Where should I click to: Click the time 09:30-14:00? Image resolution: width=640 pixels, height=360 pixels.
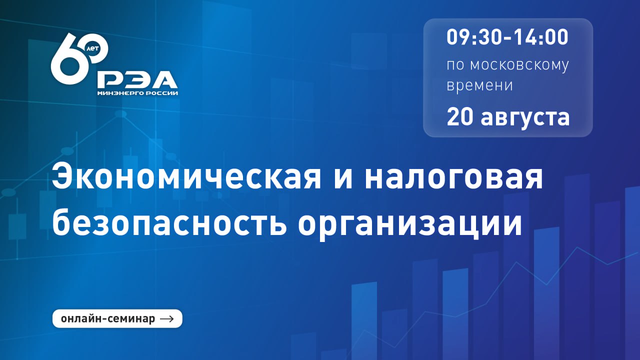507,37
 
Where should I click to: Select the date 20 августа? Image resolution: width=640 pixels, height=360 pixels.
508,117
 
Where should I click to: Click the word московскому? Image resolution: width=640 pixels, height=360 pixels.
519,65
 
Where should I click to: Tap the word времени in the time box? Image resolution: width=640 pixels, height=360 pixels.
479,85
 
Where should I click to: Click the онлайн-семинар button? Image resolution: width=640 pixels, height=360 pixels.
117,318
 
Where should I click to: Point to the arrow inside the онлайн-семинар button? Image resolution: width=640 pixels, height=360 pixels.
167,319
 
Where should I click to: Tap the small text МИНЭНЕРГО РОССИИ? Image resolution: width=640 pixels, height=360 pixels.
137,93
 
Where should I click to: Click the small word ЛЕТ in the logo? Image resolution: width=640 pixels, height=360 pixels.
92,48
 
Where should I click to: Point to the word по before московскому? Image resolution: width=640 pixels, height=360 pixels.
455,65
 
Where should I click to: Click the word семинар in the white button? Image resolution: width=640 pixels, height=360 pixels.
132,319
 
